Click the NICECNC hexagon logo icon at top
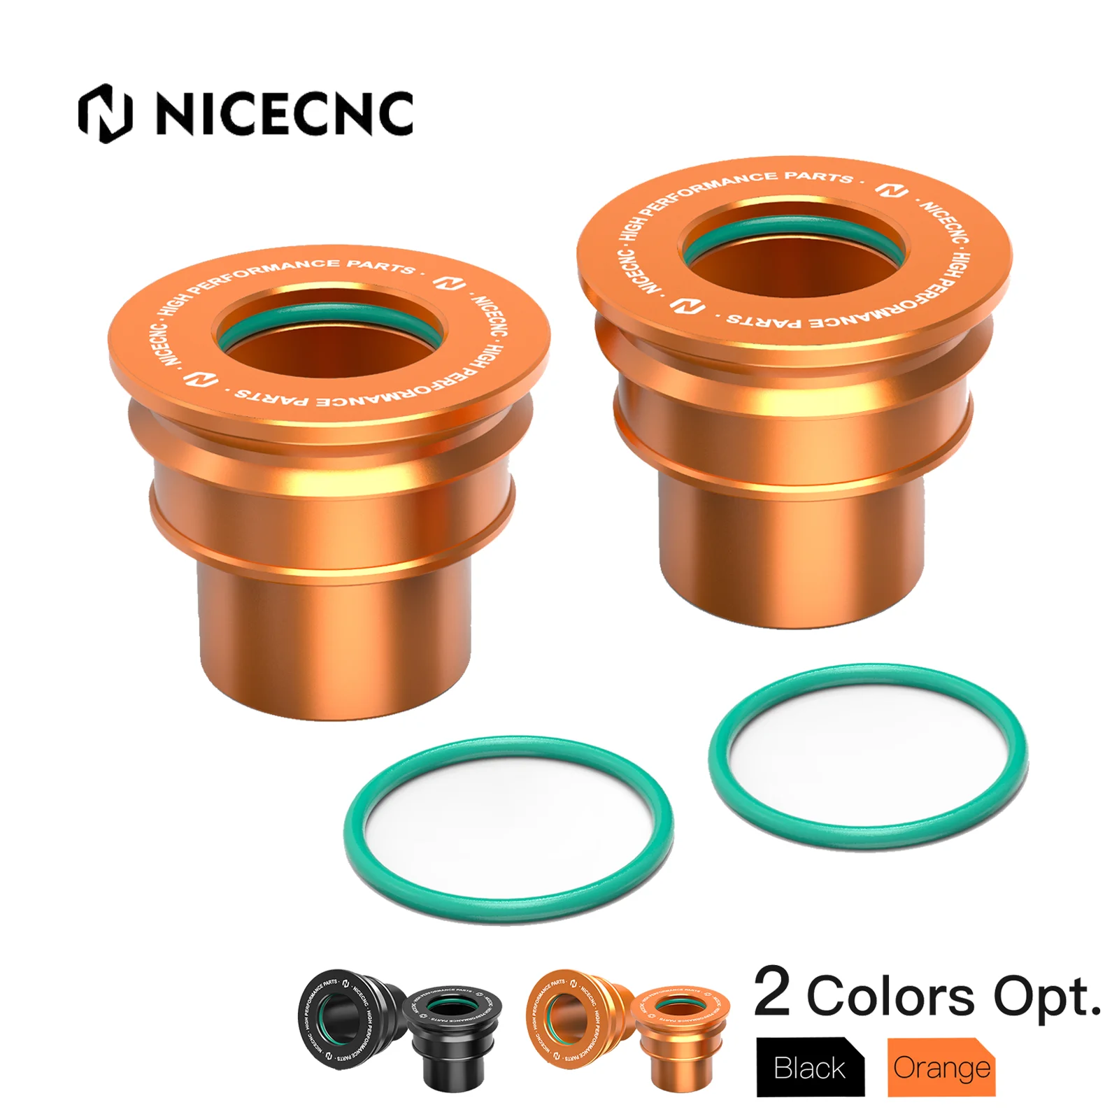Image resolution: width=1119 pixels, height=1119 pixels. pos(105,113)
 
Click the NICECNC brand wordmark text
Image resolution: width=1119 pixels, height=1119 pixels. pos(283,113)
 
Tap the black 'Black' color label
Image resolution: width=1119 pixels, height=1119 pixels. pos(810,1068)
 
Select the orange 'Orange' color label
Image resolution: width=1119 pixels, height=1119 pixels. pos(941,1068)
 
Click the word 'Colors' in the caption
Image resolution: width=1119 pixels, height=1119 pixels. pos(890,996)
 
